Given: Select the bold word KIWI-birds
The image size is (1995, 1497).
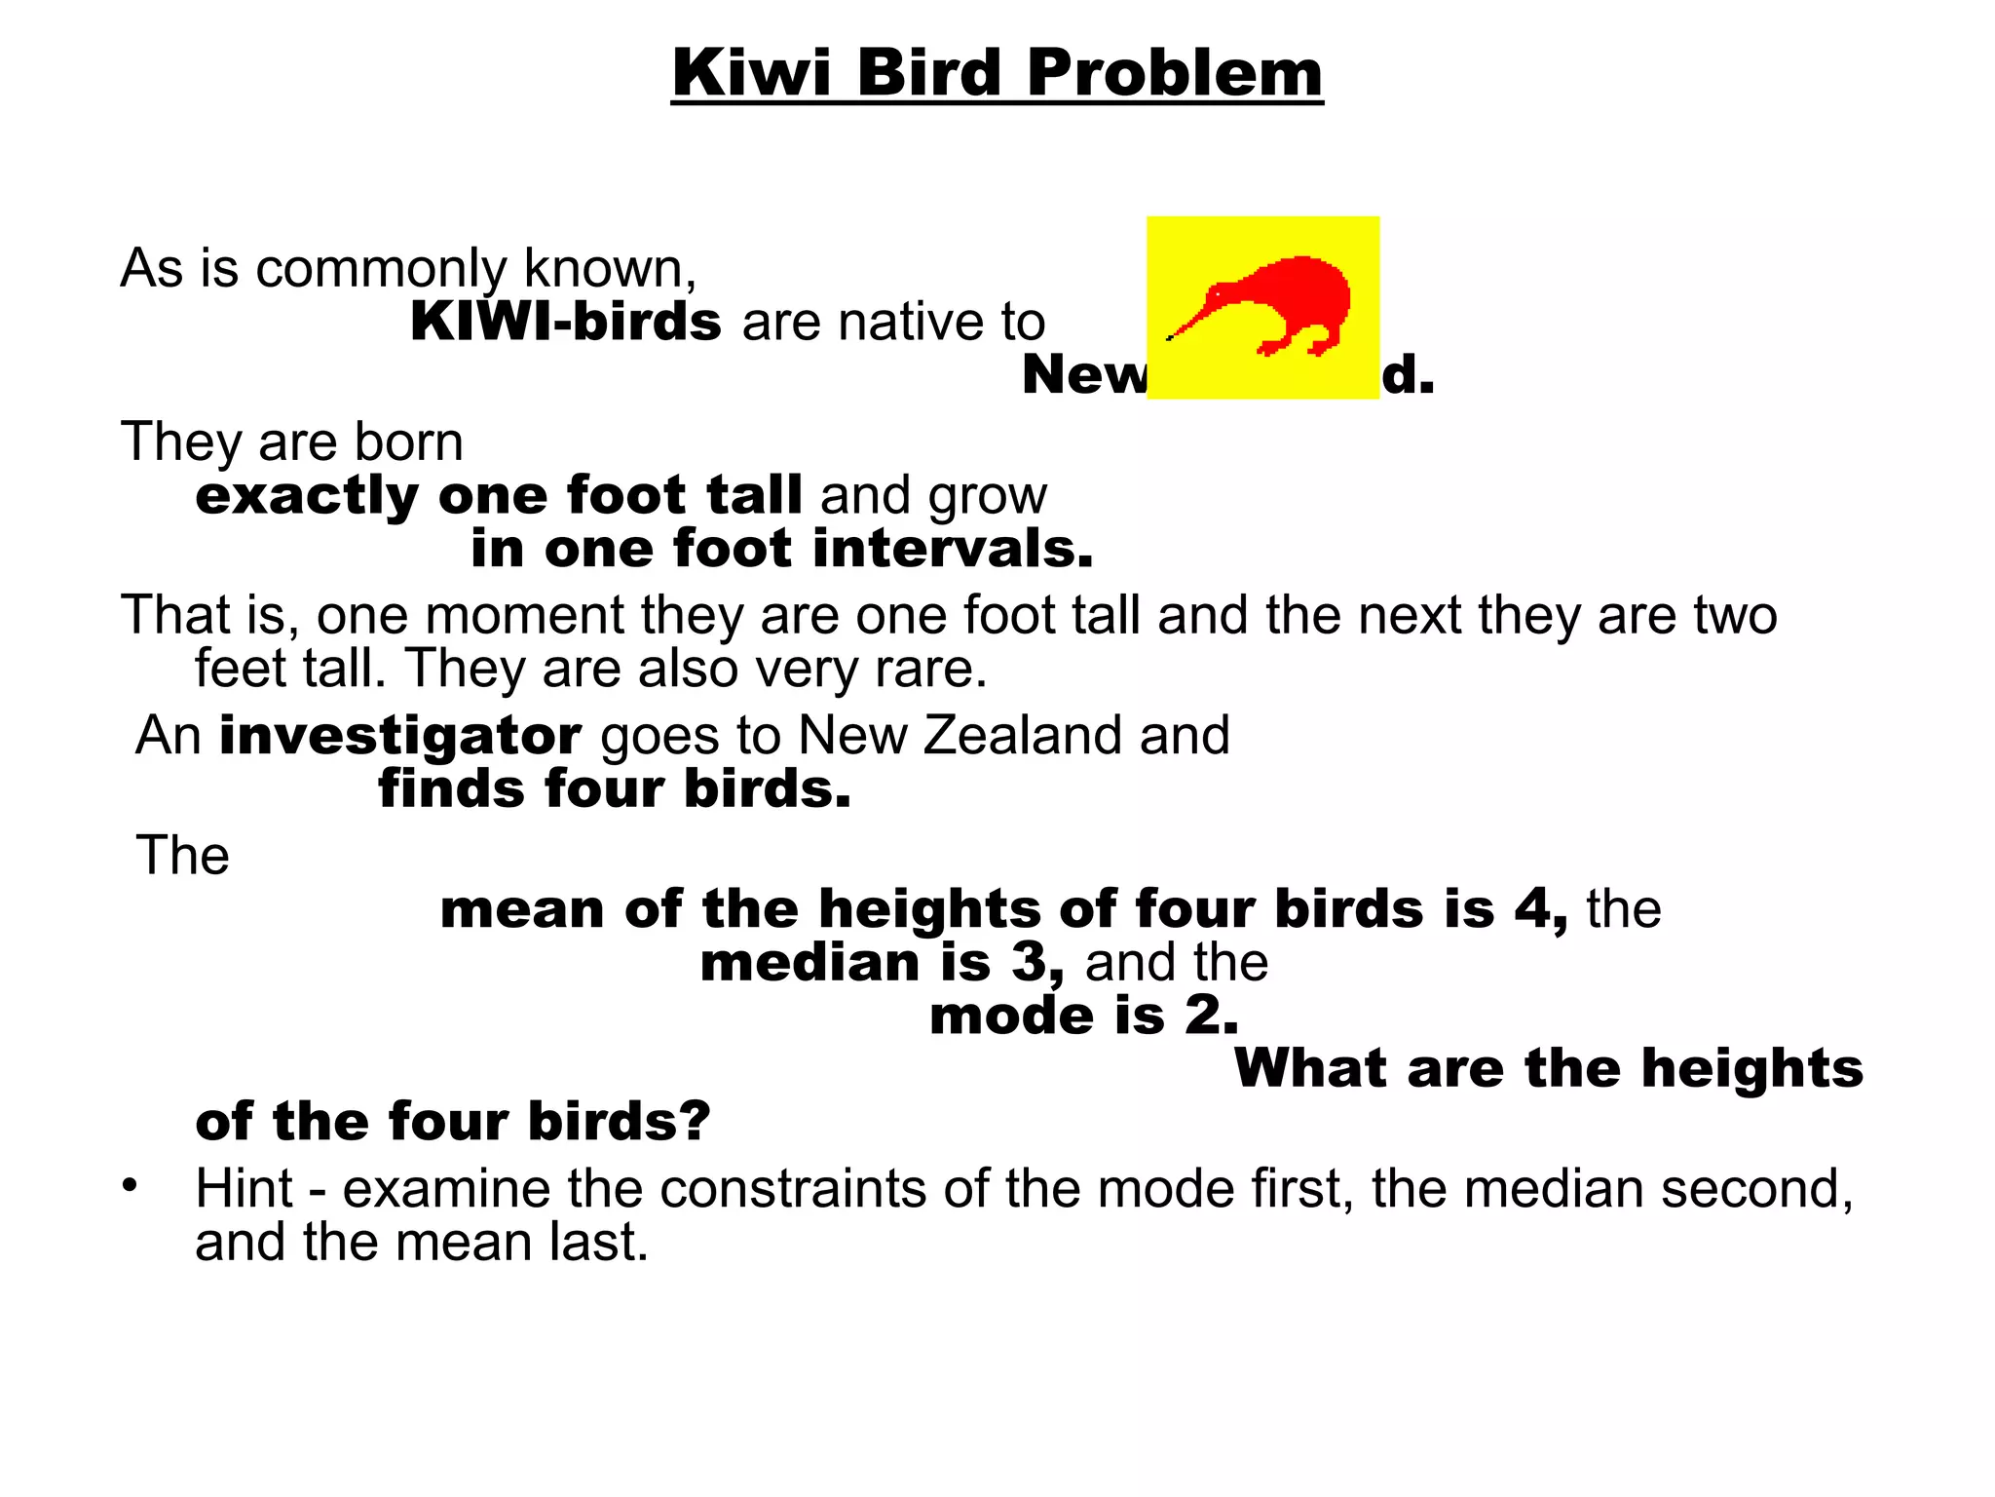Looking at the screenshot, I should click(x=566, y=322).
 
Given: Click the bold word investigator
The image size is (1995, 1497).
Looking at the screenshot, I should click(x=400, y=735).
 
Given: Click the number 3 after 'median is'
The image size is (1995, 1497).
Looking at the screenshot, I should click(x=1030, y=962).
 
